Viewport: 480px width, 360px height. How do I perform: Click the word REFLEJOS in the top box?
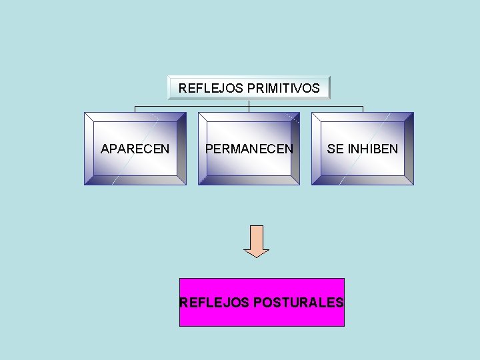tap(202, 88)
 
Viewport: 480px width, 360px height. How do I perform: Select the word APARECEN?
tap(135, 149)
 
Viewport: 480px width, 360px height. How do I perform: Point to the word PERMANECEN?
tap(249, 149)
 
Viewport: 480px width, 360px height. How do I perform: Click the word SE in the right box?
tap(335, 149)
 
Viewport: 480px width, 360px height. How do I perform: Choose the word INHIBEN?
tap(372, 149)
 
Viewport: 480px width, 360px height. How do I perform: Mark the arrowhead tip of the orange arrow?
tap(256, 257)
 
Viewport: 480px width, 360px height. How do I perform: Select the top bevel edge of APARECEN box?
tap(135, 117)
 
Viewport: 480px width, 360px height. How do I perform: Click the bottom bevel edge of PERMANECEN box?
tap(249, 180)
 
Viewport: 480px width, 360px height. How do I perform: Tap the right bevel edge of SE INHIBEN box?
tap(409, 149)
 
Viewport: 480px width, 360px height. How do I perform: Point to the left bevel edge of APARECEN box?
tap(89, 149)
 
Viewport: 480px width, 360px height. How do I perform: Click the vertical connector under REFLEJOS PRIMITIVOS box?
tap(249, 103)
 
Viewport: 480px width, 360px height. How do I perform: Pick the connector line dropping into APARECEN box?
tap(135, 109)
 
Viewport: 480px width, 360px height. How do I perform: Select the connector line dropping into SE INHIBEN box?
tap(363, 109)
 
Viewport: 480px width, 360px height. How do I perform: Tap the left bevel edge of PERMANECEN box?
tap(203, 149)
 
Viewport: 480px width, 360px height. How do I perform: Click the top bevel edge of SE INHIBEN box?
tap(363, 117)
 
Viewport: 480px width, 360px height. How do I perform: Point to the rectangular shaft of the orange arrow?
tap(256, 236)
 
